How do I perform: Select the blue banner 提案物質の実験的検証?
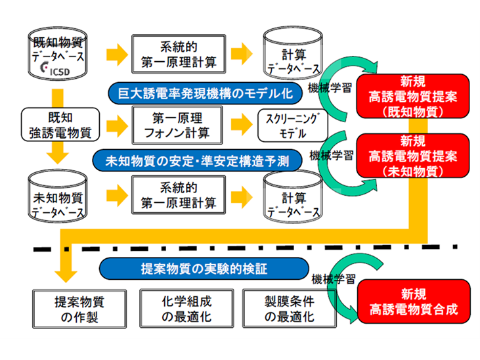(x=204, y=267)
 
